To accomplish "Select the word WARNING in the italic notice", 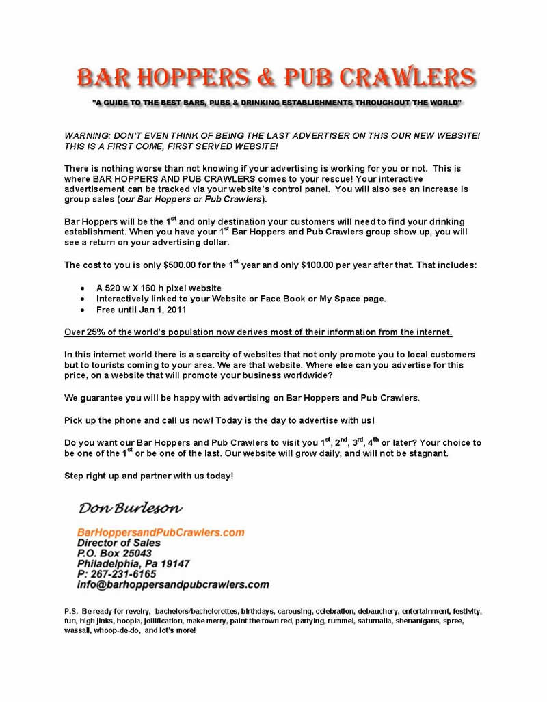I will pyautogui.click(x=88, y=136).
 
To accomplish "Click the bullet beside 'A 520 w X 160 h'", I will pyautogui.click(x=83, y=288).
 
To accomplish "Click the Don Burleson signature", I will pyautogui.click(x=130, y=508).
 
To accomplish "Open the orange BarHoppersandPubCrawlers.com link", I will pyautogui.click(x=161, y=531).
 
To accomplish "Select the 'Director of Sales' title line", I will pyautogui.click(x=118, y=543).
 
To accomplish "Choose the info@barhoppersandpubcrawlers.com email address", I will pyautogui.click(x=173, y=585).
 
